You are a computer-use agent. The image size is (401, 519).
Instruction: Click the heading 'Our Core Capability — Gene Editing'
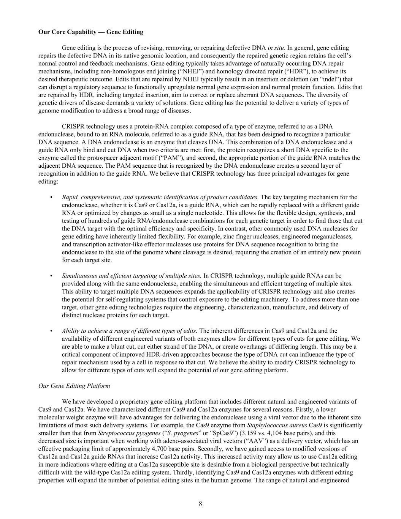click(91, 32)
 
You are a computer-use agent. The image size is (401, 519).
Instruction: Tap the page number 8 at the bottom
click(200, 504)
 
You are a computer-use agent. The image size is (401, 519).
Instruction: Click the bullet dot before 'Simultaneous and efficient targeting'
click(51, 276)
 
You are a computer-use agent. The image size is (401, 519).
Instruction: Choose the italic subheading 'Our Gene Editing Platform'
click(74, 386)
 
